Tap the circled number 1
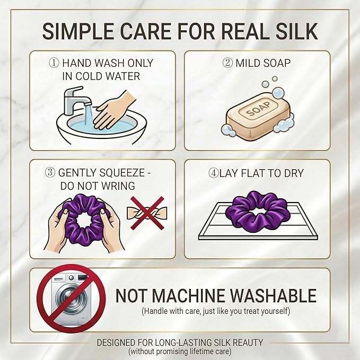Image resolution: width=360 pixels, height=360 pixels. pos(54,63)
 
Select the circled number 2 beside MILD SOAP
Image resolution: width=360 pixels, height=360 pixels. pos(227,63)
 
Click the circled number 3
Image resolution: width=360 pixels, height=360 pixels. pos(50,172)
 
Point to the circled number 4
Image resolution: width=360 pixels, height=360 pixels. pos(213,173)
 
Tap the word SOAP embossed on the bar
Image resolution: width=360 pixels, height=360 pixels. pos(258,109)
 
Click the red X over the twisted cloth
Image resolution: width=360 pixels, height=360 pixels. pos(147,213)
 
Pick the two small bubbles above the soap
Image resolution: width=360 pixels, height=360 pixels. pos(270,82)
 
